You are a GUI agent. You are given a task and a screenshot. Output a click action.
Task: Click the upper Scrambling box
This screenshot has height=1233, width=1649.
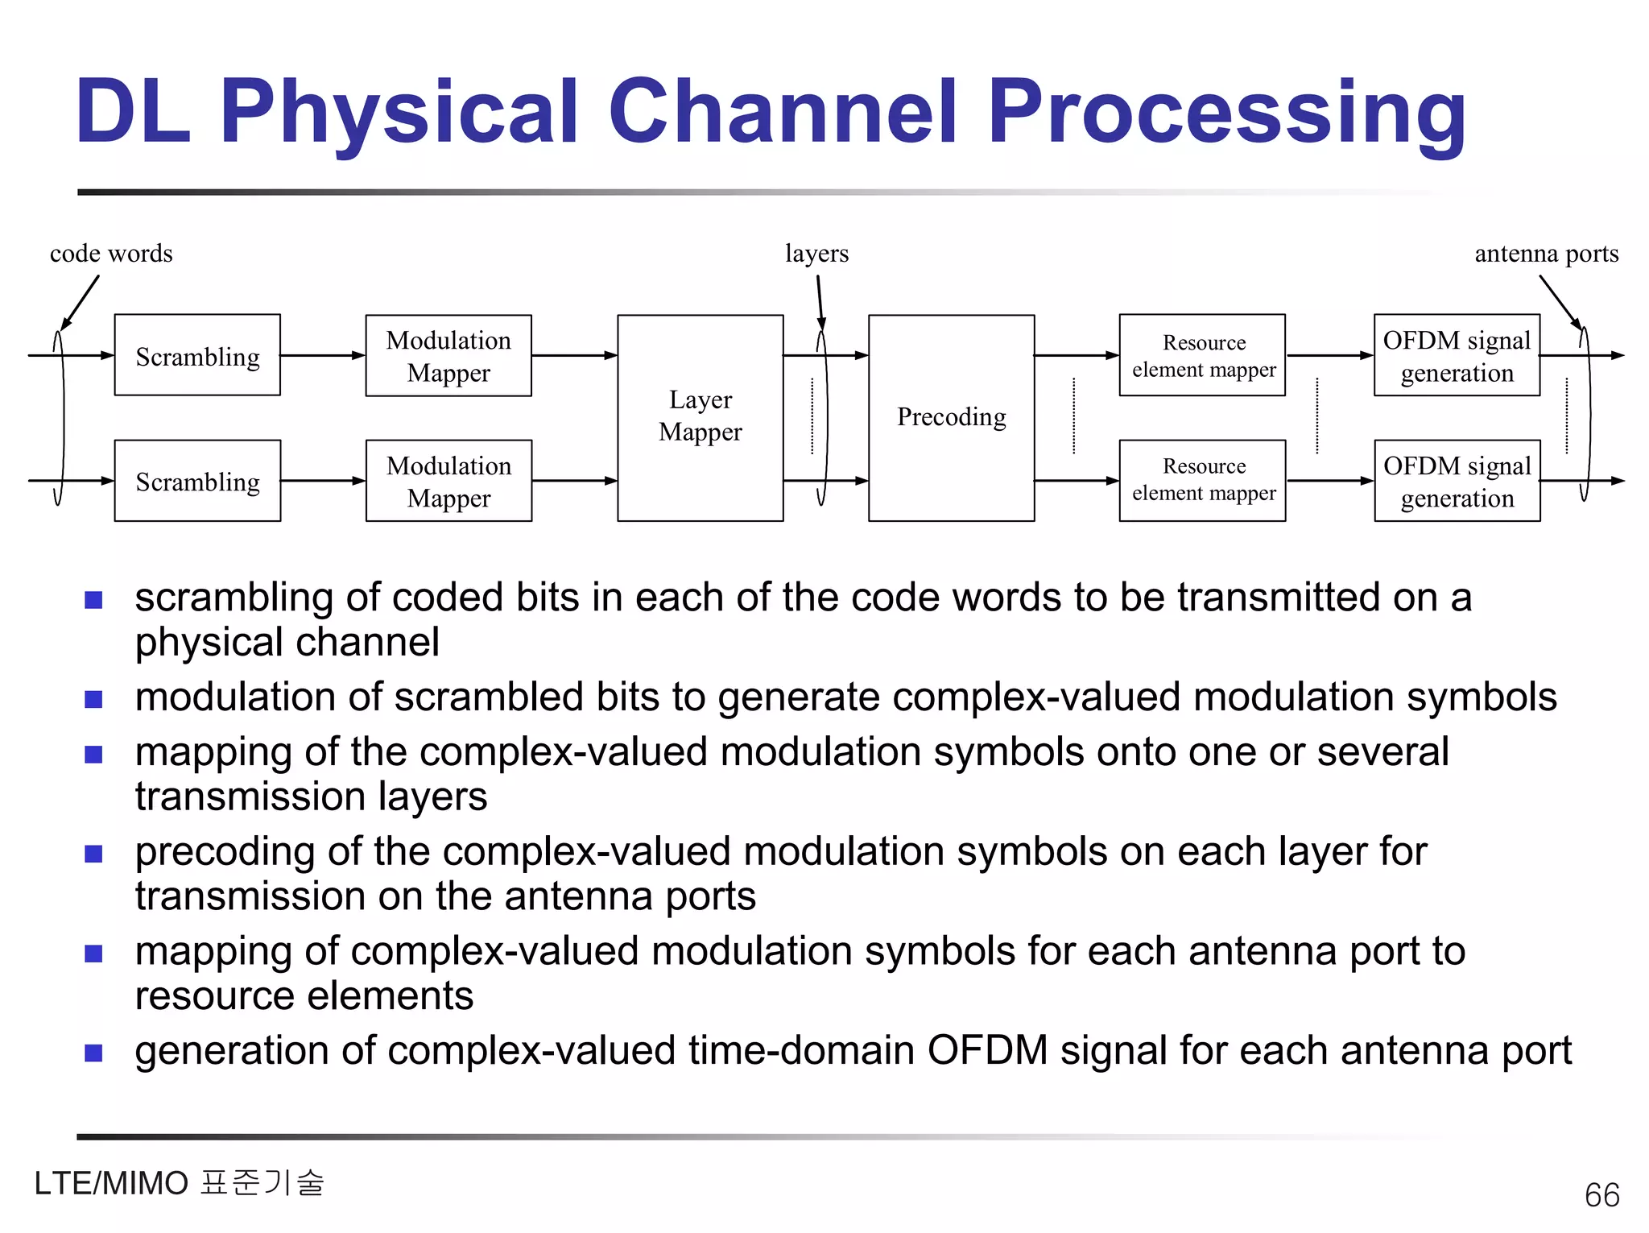point(197,355)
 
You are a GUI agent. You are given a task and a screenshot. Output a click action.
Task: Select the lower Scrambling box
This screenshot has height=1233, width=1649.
point(197,481)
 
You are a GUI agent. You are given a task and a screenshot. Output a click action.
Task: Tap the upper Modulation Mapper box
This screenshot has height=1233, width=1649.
point(448,355)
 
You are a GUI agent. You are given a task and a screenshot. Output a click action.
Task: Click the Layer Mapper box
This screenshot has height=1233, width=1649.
point(700,417)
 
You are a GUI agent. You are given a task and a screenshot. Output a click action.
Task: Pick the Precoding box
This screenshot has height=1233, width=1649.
point(951,417)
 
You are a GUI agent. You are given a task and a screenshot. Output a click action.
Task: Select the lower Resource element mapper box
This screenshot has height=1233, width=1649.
point(1202,481)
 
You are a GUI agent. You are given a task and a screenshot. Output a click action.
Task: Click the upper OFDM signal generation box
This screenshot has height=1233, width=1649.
point(1457,355)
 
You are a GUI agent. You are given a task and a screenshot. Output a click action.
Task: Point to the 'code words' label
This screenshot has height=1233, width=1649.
point(111,254)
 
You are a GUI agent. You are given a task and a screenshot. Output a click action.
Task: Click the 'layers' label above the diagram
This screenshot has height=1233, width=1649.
point(816,254)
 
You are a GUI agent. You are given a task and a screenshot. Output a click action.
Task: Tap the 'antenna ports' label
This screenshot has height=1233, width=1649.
point(1546,254)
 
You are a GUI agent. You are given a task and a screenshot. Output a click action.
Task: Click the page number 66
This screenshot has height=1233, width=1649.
point(1601,1195)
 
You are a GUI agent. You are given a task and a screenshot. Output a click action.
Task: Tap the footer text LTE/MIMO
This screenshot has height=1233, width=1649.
point(111,1184)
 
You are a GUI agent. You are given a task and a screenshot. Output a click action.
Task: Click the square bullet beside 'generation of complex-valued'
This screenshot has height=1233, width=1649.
point(94,1053)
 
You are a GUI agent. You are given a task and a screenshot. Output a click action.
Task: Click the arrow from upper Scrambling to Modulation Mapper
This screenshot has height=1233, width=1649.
point(322,355)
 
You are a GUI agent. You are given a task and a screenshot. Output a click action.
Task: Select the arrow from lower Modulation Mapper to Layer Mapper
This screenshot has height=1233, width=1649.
point(574,481)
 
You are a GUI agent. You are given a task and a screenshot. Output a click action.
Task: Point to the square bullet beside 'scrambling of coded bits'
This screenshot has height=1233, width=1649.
point(94,600)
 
